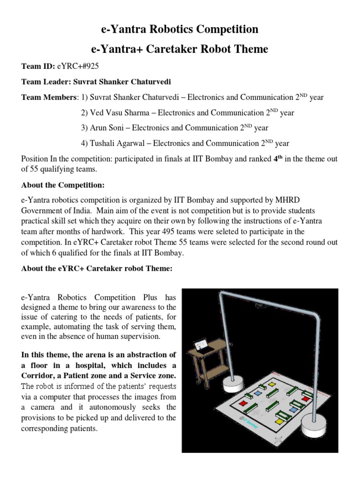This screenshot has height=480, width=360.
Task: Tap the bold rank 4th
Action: pos(277,158)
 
